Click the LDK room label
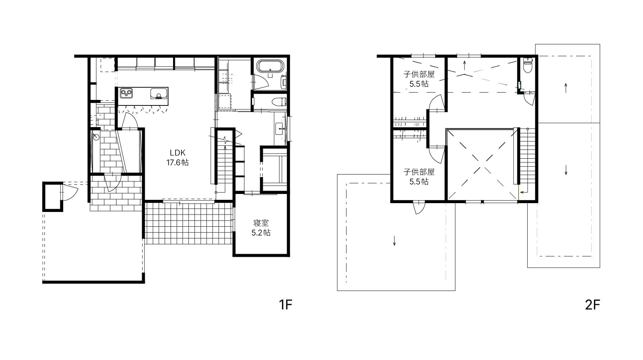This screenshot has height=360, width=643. coord(178,153)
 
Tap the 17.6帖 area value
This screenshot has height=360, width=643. coord(178,162)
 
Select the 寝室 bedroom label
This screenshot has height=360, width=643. coord(261,223)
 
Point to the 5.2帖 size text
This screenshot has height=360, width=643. coord(261,233)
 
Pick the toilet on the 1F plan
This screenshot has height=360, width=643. coord(279,101)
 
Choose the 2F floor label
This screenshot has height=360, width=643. coord(592,305)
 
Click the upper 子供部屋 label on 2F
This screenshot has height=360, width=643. coord(419,75)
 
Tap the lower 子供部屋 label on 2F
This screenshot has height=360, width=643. coord(419,172)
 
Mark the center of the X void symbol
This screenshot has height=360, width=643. coord(482,164)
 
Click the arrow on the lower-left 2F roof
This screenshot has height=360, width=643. coord(394,241)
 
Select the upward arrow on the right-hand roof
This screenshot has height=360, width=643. coord(566,87)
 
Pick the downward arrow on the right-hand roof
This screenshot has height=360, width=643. coord(566,170)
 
